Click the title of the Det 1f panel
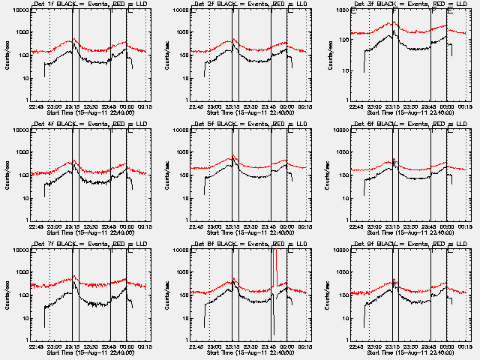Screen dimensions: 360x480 coord(92,4)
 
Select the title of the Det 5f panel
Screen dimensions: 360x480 coord(252,124)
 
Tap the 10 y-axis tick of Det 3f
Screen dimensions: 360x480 coord(346,71)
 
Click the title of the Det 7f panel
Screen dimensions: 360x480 coord(92,244)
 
